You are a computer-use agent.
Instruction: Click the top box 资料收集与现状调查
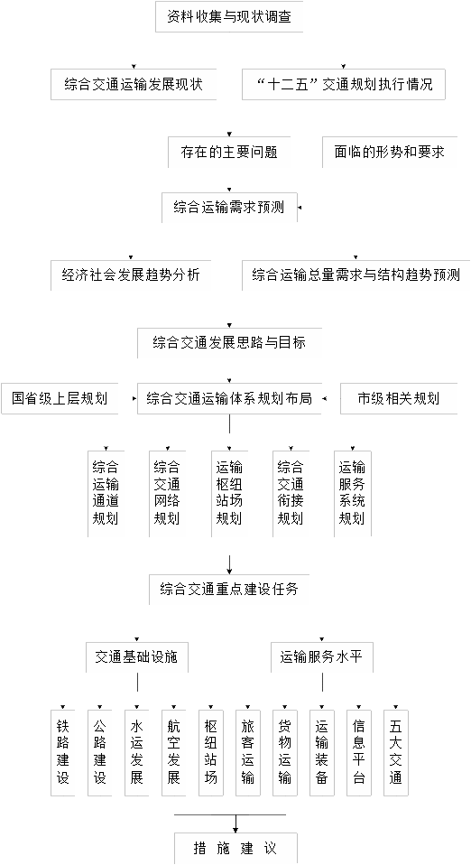(229, 16)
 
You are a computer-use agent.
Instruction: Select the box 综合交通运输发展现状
(134, 84)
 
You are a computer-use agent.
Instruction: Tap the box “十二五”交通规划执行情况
(344, 84)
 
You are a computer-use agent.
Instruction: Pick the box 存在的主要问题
(229, 153)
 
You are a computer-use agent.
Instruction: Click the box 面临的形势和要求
(390, 153)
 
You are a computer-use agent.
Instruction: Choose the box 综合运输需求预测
(229, 208)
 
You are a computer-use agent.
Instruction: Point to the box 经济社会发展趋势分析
(131, 274)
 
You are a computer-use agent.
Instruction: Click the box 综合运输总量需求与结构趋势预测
(356, 274)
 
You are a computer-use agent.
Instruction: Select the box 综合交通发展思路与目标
(229, 342)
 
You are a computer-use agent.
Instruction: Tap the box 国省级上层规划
(60, 398)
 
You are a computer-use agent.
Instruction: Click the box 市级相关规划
(399, 398)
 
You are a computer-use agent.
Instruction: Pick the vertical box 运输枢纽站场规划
(229, 494)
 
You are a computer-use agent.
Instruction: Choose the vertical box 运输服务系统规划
(353, 494)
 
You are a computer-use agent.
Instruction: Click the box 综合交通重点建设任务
(229, 590)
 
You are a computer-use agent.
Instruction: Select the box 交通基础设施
(137, 657)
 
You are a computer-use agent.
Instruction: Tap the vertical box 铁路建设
(63, 752)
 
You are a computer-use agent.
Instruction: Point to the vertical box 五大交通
(396, 752)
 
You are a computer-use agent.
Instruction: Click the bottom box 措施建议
(235, 849)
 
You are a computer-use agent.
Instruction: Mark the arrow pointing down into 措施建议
(235, 823)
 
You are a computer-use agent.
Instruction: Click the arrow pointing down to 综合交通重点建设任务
(229, 562)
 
